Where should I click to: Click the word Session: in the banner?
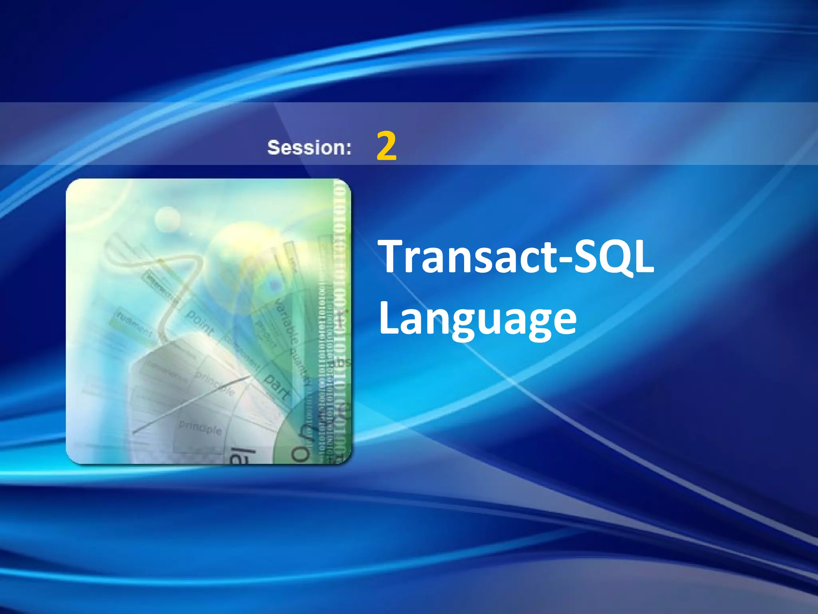click(309, 148)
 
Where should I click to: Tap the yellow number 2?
click(386, 146)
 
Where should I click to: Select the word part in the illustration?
click(277, 387)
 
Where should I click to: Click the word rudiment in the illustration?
click(134, 324)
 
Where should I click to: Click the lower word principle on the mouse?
click(200, 428)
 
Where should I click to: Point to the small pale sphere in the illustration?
click(167, 219)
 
